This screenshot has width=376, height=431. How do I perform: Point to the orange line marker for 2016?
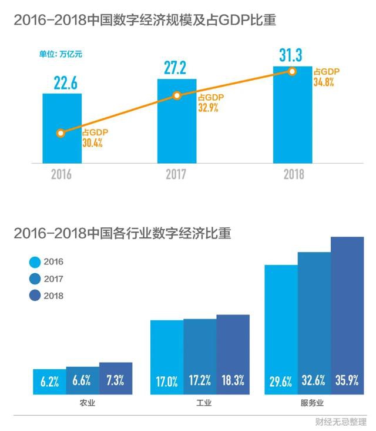pos(61,133)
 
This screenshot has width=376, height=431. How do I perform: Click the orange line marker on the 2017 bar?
pos(176,95)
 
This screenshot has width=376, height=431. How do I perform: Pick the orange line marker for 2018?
pos(292,71)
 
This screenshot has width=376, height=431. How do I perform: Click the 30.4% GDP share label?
pos(92,143)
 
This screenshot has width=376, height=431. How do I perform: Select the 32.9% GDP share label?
pos(207,108)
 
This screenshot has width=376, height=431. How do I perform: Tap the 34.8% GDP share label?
pos(324,83)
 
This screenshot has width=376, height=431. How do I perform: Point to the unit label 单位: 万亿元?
pos(61,54)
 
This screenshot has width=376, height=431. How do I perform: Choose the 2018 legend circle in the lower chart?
pos(35,296)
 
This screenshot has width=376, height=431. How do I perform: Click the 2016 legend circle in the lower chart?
pos(35,261)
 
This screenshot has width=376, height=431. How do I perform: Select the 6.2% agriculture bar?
pos(49,382)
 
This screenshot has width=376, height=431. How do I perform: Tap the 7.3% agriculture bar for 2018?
pos(116,378)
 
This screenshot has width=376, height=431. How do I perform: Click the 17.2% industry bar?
pos(200,356)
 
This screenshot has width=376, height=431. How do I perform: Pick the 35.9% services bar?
pos(347,316)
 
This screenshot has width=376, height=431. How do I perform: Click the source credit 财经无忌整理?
pos(341,422)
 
